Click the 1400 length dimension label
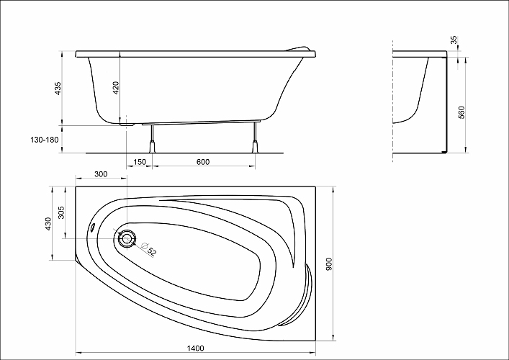tap(196, 348)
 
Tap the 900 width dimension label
tap(329, 264)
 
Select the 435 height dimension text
tap(58, 89)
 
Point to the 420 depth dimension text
tap(116, 88)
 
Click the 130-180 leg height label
tap(45, 140)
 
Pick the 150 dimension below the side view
tap(140, 162)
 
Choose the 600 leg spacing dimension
tap(203, 162)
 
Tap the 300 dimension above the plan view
tap(101, 174)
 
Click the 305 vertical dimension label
tap(61, 212)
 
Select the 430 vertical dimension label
tap(48, 224)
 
